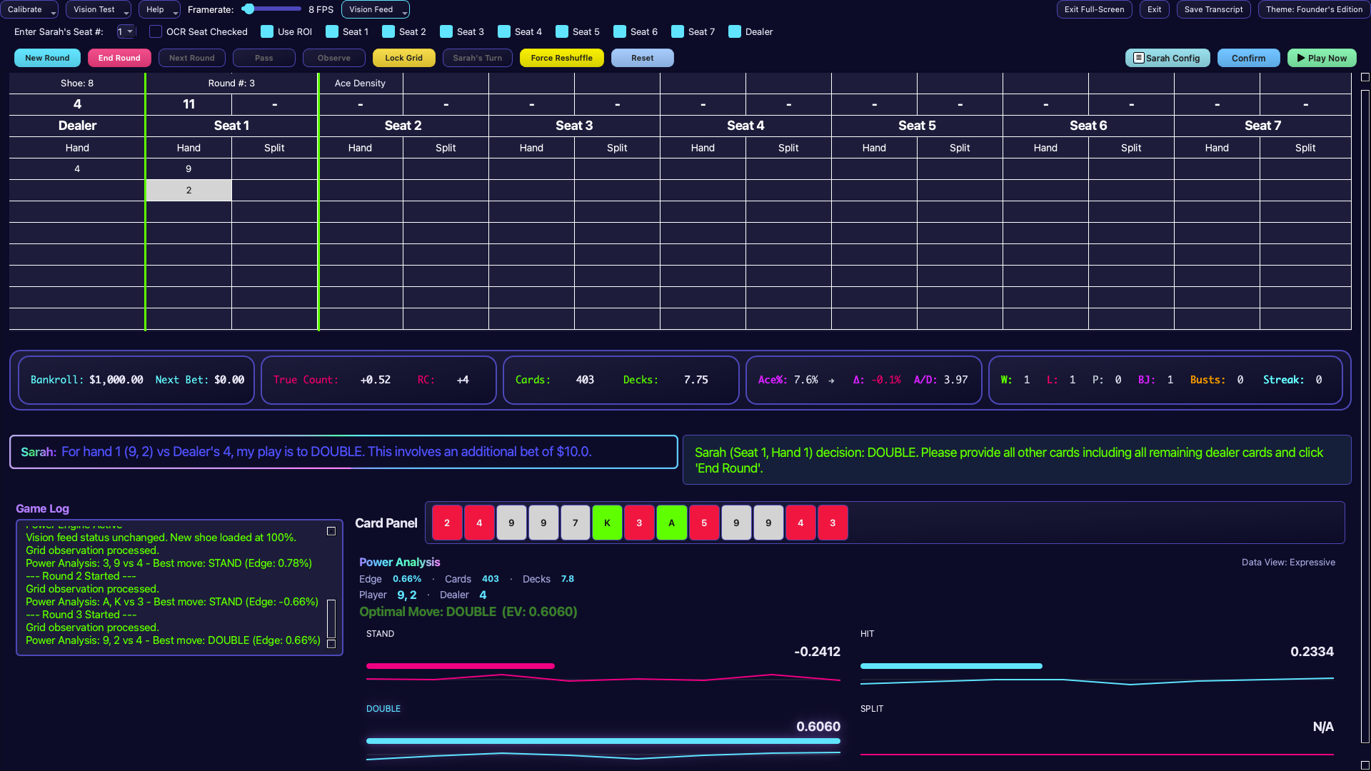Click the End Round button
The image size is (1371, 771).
point(119,58)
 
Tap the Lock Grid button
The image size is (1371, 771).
point(403,58)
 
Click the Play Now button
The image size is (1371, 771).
point(1322,58)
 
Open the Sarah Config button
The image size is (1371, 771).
point(1167,58)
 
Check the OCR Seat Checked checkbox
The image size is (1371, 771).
point(155,31)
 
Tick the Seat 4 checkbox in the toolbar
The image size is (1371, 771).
point(504,31)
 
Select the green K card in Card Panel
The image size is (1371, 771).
point(607,523)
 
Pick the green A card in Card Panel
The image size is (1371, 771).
point(671,523)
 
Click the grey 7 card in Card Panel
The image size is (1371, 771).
point(575,523)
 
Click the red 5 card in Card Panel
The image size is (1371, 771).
point(704,523)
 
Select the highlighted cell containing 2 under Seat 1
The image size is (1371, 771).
point(189,190)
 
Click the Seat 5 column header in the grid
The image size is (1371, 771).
point(916,126)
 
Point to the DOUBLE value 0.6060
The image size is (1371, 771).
point(818,726)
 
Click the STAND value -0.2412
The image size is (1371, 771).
point(817,651)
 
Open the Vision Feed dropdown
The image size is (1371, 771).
point(376,9)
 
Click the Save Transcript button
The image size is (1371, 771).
point(1213,9)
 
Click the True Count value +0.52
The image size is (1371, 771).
point(375,380)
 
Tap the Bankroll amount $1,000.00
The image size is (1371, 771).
point(116,380)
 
